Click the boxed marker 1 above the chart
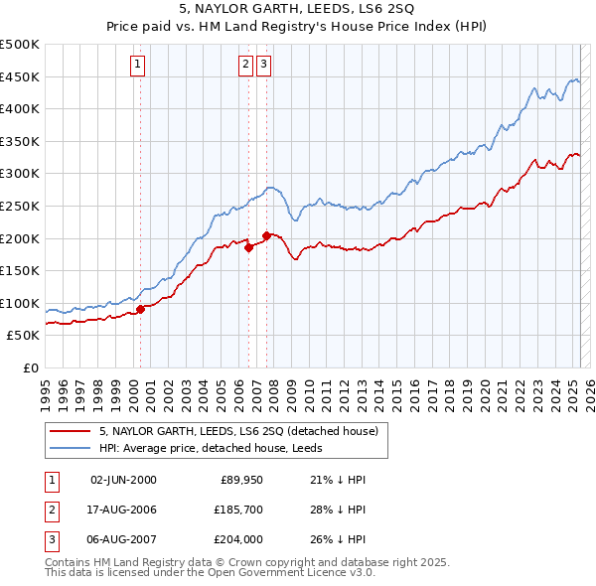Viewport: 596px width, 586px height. tap(137, 66)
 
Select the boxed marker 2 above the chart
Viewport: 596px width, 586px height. tap(245, 66)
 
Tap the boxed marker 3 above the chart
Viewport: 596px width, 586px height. tap(263, 66)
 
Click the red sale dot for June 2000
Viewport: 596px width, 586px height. tap(140, 309)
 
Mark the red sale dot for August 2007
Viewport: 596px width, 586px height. tap(266, 235)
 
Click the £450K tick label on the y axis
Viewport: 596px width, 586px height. tap(20, 76)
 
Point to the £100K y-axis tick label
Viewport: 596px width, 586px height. tap(20, 303)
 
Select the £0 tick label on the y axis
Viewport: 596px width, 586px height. tap(31, 367)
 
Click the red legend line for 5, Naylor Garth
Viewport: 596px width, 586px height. tap(72, 432)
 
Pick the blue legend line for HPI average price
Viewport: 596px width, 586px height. tap(72, 448)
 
